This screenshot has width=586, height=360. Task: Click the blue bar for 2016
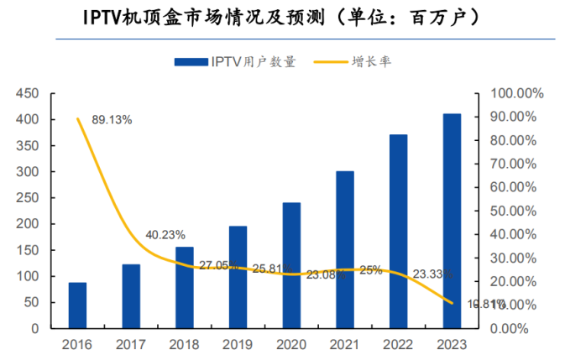click(77, 305)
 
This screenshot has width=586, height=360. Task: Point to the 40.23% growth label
click(165, 235)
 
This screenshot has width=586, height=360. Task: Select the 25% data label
click(371, 270)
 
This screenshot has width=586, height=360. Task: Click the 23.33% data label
click(433, 274)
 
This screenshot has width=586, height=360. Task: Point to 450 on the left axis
click(29, 93)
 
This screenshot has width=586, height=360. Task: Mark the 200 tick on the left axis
click(29, 224)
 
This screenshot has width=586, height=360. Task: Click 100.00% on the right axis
click(517, 93)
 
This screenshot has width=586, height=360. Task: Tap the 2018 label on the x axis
click(184, 344)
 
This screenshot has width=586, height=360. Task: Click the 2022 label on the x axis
click(398, 344)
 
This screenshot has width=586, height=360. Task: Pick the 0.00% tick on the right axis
click(523, 328)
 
